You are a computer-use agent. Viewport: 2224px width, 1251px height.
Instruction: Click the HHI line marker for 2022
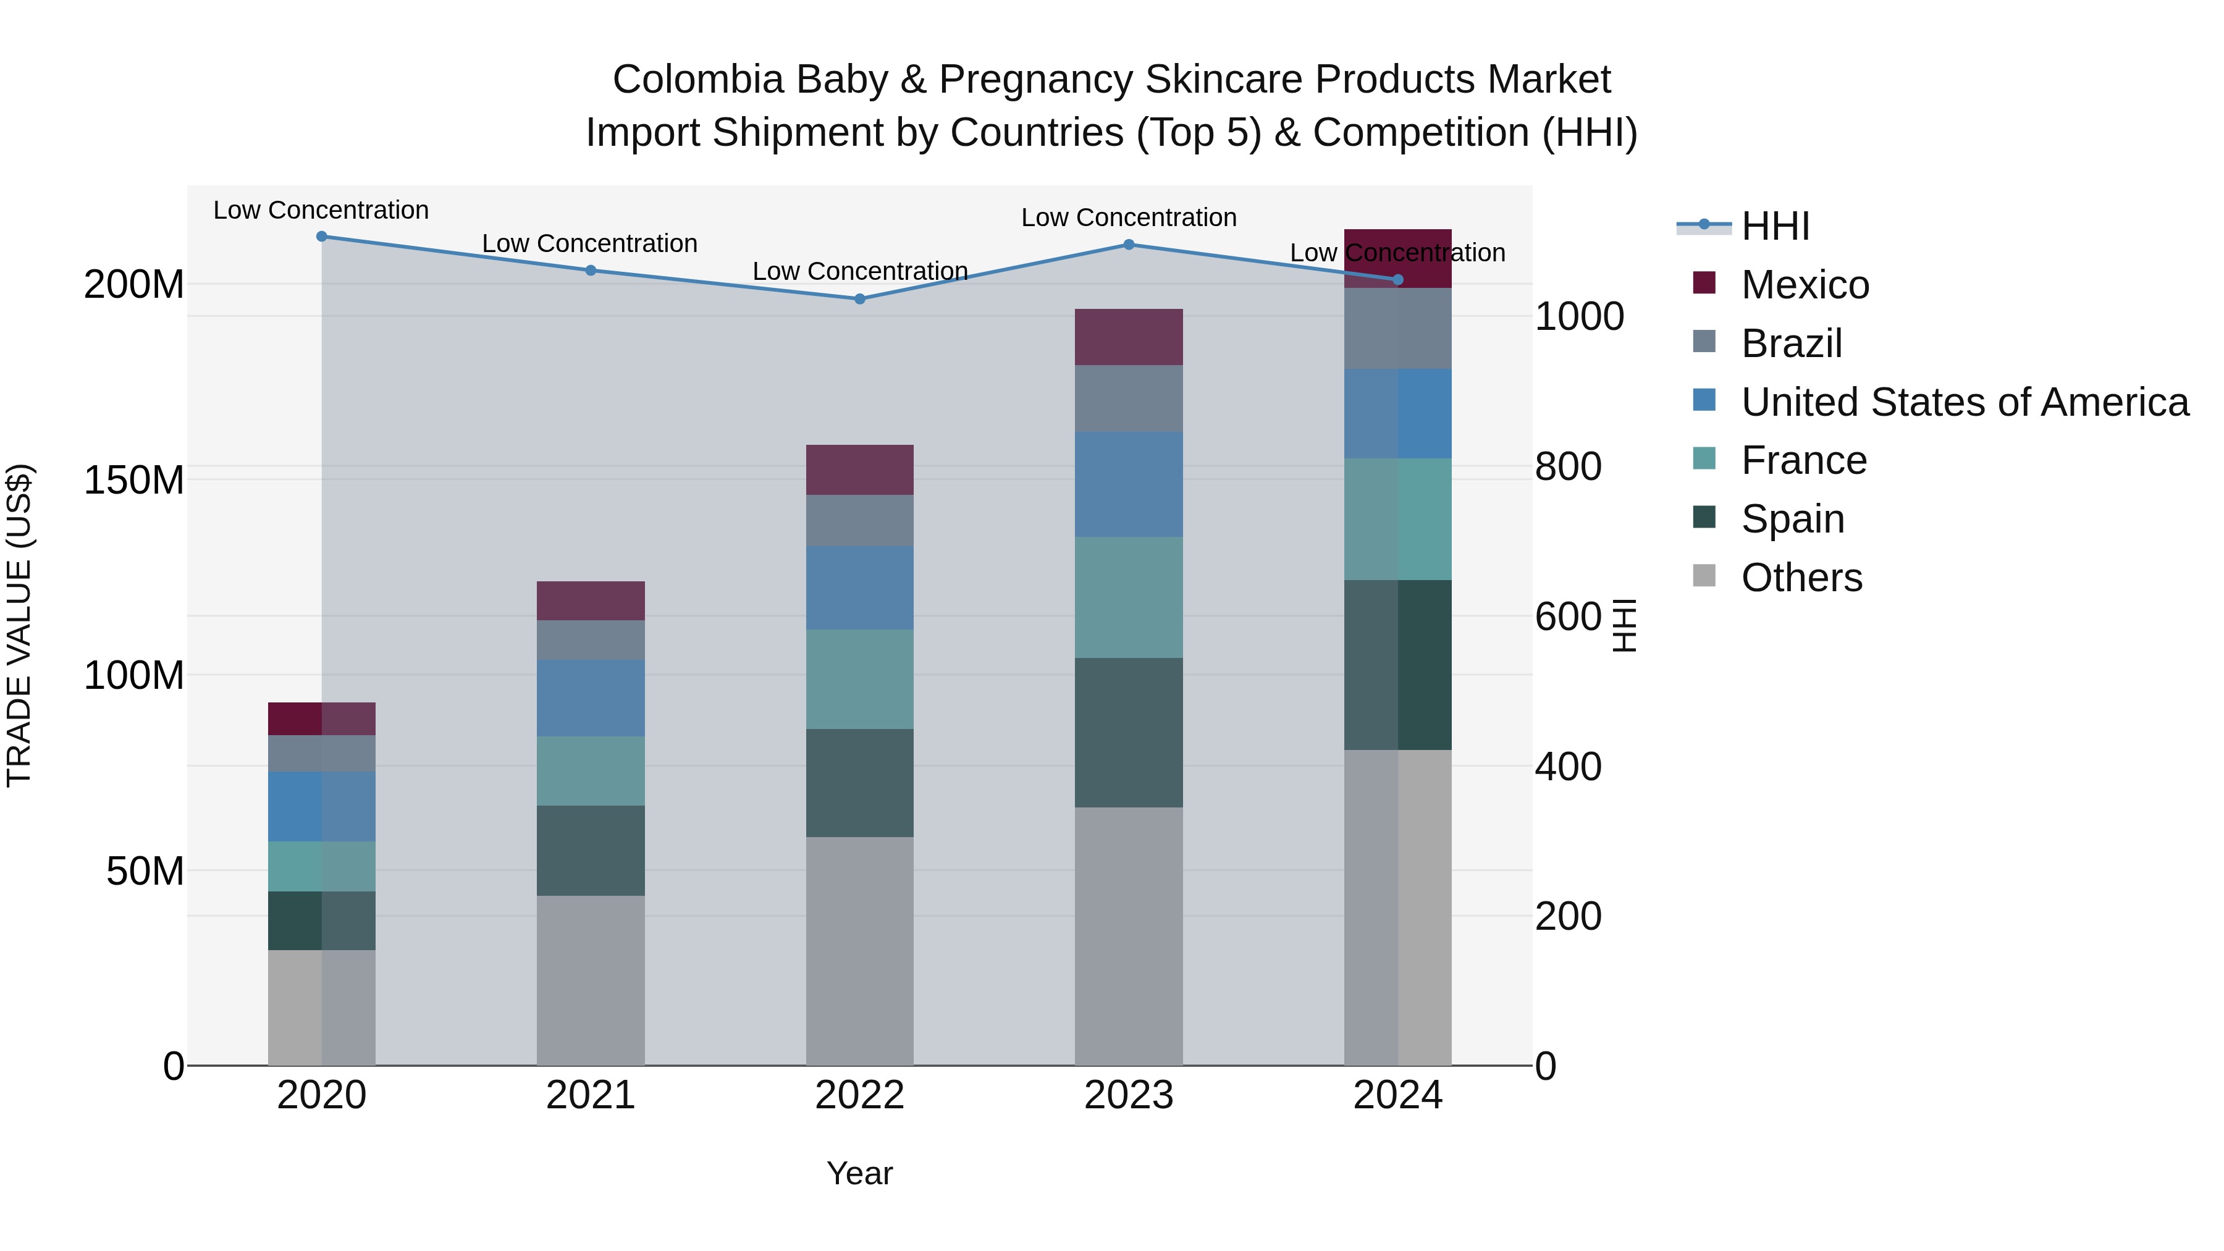coord(859,299)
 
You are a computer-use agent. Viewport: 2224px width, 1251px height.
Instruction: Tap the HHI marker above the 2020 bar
coord(321,236)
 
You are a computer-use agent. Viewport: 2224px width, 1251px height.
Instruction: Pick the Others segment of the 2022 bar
coord(859,950)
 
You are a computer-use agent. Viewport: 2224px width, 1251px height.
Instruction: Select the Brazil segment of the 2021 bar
coord(591,640)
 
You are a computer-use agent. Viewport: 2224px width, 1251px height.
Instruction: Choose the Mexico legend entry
coord(1805,285)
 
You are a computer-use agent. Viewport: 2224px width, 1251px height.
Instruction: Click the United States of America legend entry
coord(1964,402)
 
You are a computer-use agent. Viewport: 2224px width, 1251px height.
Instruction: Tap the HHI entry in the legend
coord(1774,226)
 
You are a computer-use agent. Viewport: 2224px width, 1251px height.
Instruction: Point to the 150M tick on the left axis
coord(134,479)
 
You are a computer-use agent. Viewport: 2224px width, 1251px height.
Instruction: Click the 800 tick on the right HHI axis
coord(1568,466)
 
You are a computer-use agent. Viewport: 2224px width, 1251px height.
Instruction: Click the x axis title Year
coord(859,1173)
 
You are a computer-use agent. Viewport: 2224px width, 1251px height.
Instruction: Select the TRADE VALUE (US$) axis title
coord(19,625)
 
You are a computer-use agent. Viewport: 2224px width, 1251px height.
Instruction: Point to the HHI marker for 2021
coord(591,270)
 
